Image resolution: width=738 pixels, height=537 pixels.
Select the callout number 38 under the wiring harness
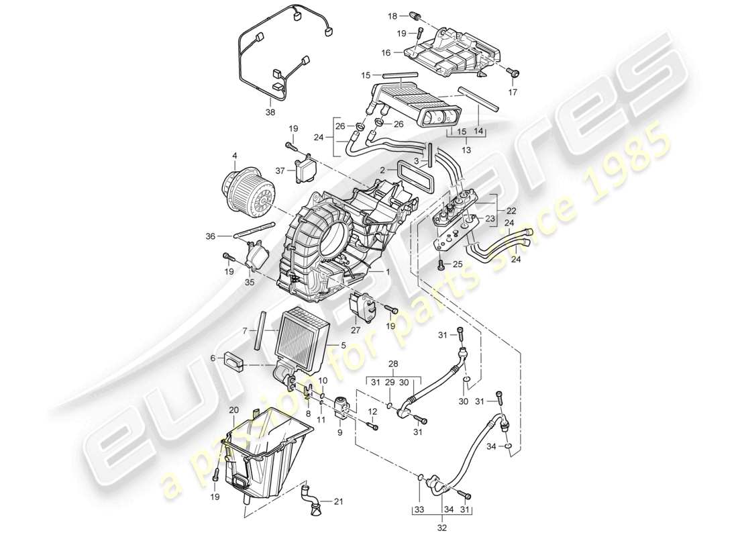(x=270, y=113)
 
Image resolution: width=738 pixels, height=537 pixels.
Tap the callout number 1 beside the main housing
(x=387, y=271)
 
